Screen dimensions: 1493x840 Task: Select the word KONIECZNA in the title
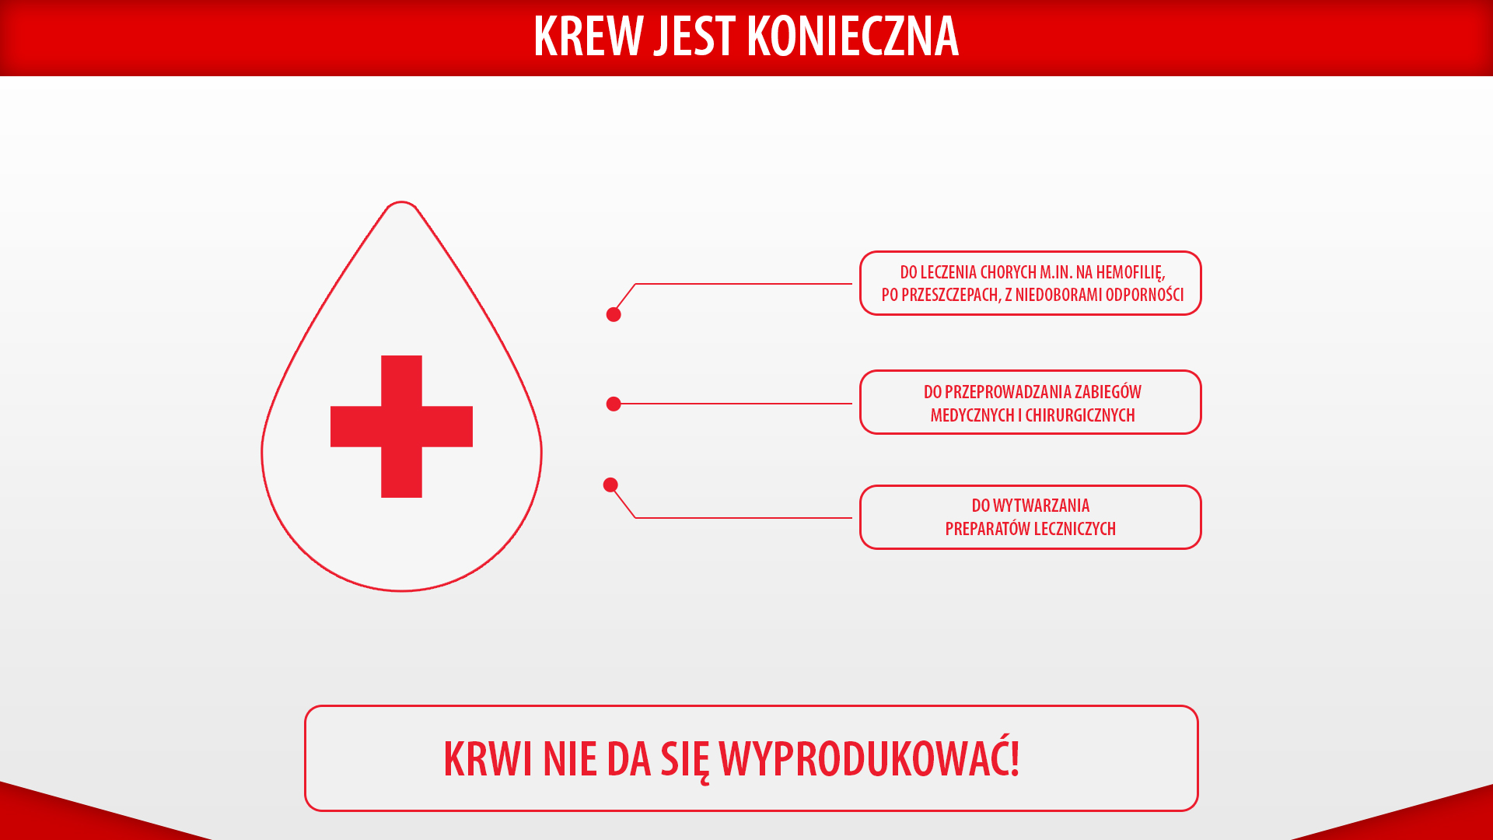(x=852, y=36)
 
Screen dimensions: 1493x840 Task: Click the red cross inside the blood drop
(x=401, y=426)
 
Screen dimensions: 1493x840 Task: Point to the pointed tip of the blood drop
(x=401, y=202)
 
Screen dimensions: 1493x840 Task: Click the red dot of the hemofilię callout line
(x=614, y=314)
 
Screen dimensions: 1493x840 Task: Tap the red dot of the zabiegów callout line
(x=614, y=404)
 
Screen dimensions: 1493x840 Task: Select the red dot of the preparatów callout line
(x=610, y=485)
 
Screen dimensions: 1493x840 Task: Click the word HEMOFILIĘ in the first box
(x=1131, y=273)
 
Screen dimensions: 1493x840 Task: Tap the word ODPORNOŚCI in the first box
(x=1145, y=294)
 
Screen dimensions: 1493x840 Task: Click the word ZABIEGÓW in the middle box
(x=1108, y=391)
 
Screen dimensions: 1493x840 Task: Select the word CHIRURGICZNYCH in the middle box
(x=1080, y=415)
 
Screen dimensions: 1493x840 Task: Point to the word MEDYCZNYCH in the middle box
(x=972, y=415)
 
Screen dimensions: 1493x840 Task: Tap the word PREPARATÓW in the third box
(x=988, y=529)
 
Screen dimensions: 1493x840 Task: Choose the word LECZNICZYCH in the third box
(x=1075, y=529)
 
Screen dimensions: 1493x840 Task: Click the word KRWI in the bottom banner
(x=488, y=759)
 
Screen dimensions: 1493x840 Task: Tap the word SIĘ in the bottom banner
(x=685, y=761)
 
